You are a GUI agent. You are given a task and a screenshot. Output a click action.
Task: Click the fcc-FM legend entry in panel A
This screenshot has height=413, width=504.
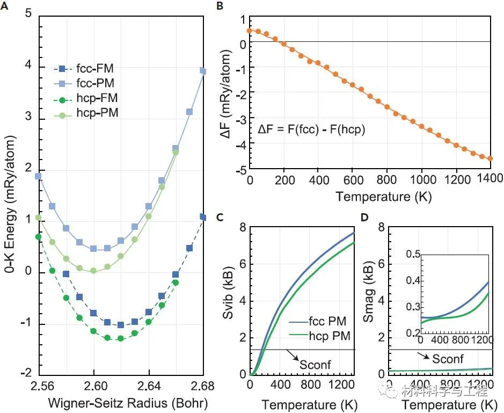click(x=84, y=69)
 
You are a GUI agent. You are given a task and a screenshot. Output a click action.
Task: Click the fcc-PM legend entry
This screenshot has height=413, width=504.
click(x=84, y=83)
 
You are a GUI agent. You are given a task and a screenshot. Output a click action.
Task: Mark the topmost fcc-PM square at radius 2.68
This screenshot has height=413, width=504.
click(x=203, y=71)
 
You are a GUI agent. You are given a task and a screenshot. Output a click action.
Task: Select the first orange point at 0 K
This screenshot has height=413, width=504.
click(x=250, y=31)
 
